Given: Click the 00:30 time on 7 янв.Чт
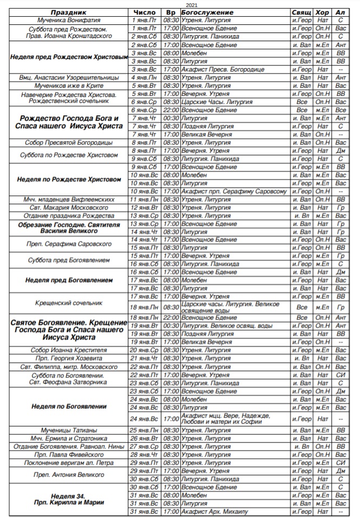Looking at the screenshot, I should point(171,118).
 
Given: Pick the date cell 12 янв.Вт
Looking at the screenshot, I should point(145,207).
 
